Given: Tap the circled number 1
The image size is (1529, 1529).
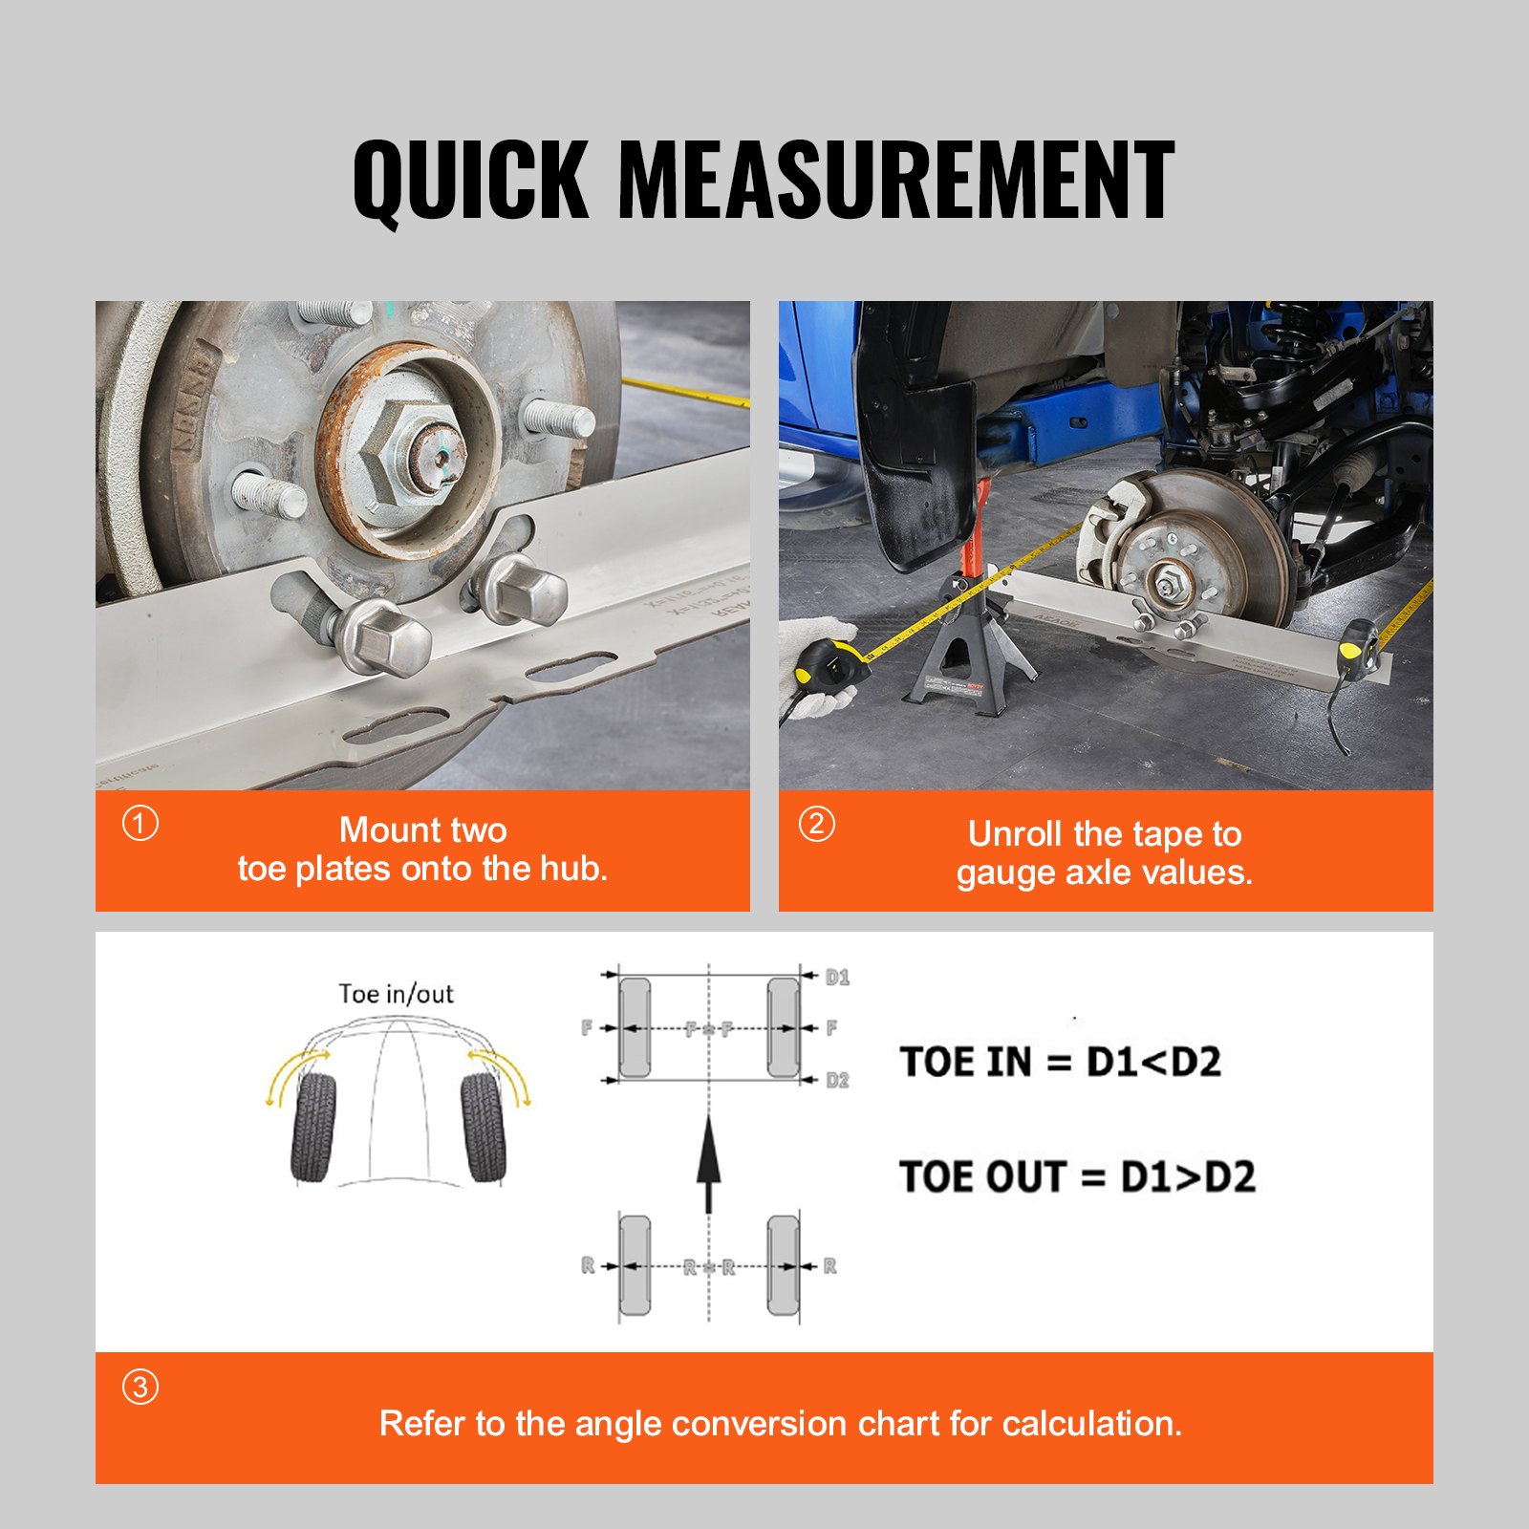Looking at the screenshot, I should tap(140, 823).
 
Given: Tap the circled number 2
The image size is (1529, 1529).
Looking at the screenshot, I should tap(816, 823).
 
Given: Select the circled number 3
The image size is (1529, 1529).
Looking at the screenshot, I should tap(140, 1386).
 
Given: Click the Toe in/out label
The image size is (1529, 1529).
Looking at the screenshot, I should tap(396, 994).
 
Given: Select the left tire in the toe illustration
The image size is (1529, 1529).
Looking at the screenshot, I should tap(313, 1128).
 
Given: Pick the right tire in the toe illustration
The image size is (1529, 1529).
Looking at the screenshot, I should tap(484, 1128).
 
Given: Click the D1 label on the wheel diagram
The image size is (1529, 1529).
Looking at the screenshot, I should tap(837, 977).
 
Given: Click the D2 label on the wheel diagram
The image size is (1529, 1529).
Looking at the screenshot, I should tap(837, 1080).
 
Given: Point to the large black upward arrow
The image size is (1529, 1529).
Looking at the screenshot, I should tap(708, 1161).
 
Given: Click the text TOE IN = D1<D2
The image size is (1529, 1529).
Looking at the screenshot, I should tap(1060, 1062).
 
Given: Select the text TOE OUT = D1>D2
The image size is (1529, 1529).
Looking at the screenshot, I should tap(1076, 1176).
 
